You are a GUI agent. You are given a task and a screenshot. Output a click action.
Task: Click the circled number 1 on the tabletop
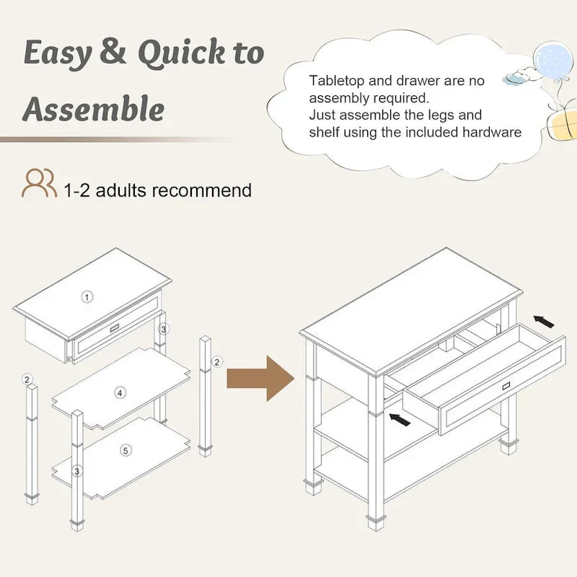(x=87, y=296)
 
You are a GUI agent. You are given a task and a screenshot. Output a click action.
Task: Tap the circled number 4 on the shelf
(x=120, y=393)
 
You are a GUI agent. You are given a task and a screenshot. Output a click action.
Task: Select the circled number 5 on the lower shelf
(x=125, y=450)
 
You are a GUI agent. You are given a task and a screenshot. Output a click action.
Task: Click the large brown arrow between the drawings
(x=260, y=378)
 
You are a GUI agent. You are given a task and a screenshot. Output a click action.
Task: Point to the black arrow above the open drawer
(x=544, y=322)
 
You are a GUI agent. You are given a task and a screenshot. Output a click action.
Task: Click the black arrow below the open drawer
(x=400, y=420)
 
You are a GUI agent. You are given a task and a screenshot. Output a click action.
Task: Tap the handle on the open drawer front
(x=507, y=386)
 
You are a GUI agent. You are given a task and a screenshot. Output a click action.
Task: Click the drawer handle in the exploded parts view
(x=115, y=328)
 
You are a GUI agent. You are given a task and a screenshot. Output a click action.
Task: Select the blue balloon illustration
(x=552, y=61)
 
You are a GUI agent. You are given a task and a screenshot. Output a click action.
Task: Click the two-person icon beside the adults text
(x=40, y=183)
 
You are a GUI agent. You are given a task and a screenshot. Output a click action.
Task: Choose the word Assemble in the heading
(x=94, y=108)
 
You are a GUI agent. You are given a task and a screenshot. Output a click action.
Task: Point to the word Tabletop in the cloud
(x=336, y=81)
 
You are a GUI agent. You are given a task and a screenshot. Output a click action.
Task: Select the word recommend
(x=202, y=190)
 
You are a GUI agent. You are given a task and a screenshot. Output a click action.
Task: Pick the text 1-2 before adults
(x=77, y=190)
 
